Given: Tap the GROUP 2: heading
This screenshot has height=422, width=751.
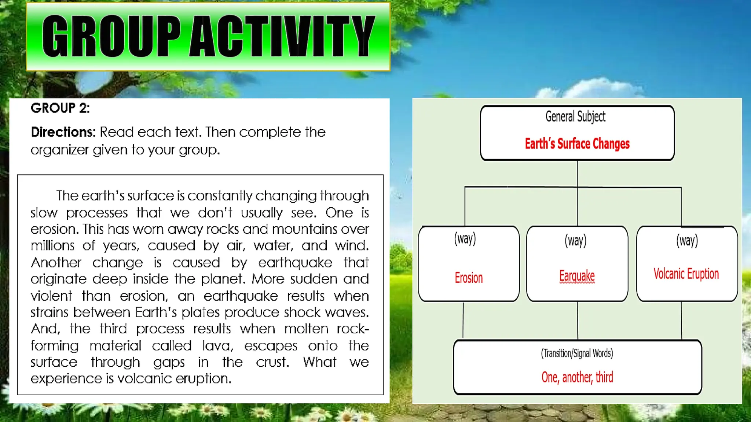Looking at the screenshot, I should pyautogui.click(x=60, y=108).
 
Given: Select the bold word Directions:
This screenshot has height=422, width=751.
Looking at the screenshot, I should pyautogui.click(x=63, y=132).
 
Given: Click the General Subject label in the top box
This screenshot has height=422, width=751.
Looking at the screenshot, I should pyautogui.click(x=575, y=116).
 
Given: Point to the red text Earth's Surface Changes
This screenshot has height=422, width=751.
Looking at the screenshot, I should pyautogui.click(x=577, y=144).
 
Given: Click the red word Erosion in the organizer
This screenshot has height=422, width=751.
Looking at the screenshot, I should pyautogui.click(x=468, y=278).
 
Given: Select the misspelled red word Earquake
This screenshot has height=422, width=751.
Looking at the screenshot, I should pyautogui.click(x=576, y=275).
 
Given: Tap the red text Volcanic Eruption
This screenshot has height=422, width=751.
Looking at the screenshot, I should pyautogui.click(x=686, y=274).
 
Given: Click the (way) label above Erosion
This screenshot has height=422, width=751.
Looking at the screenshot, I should pyautogui.click(x=465, y=238).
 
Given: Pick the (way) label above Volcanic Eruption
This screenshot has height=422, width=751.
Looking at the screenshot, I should pyautogui.click(x=686, y=241).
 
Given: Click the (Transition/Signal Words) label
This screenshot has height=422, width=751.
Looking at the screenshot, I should pyautogui.click(x=576, y=353).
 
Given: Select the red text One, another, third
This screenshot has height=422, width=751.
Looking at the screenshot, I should pyautogui.click(x=577, y=377).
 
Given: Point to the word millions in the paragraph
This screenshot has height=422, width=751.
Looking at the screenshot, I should pyautogui.click(x=52, y=246).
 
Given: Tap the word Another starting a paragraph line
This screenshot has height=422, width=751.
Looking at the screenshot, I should pyautogui.click(x=56, y=263).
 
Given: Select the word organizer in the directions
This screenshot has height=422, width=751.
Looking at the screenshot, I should pyautogui.click(x=59, y=150).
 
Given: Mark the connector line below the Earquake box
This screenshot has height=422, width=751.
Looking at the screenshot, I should pyautogui.click(x=577, y=321).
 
